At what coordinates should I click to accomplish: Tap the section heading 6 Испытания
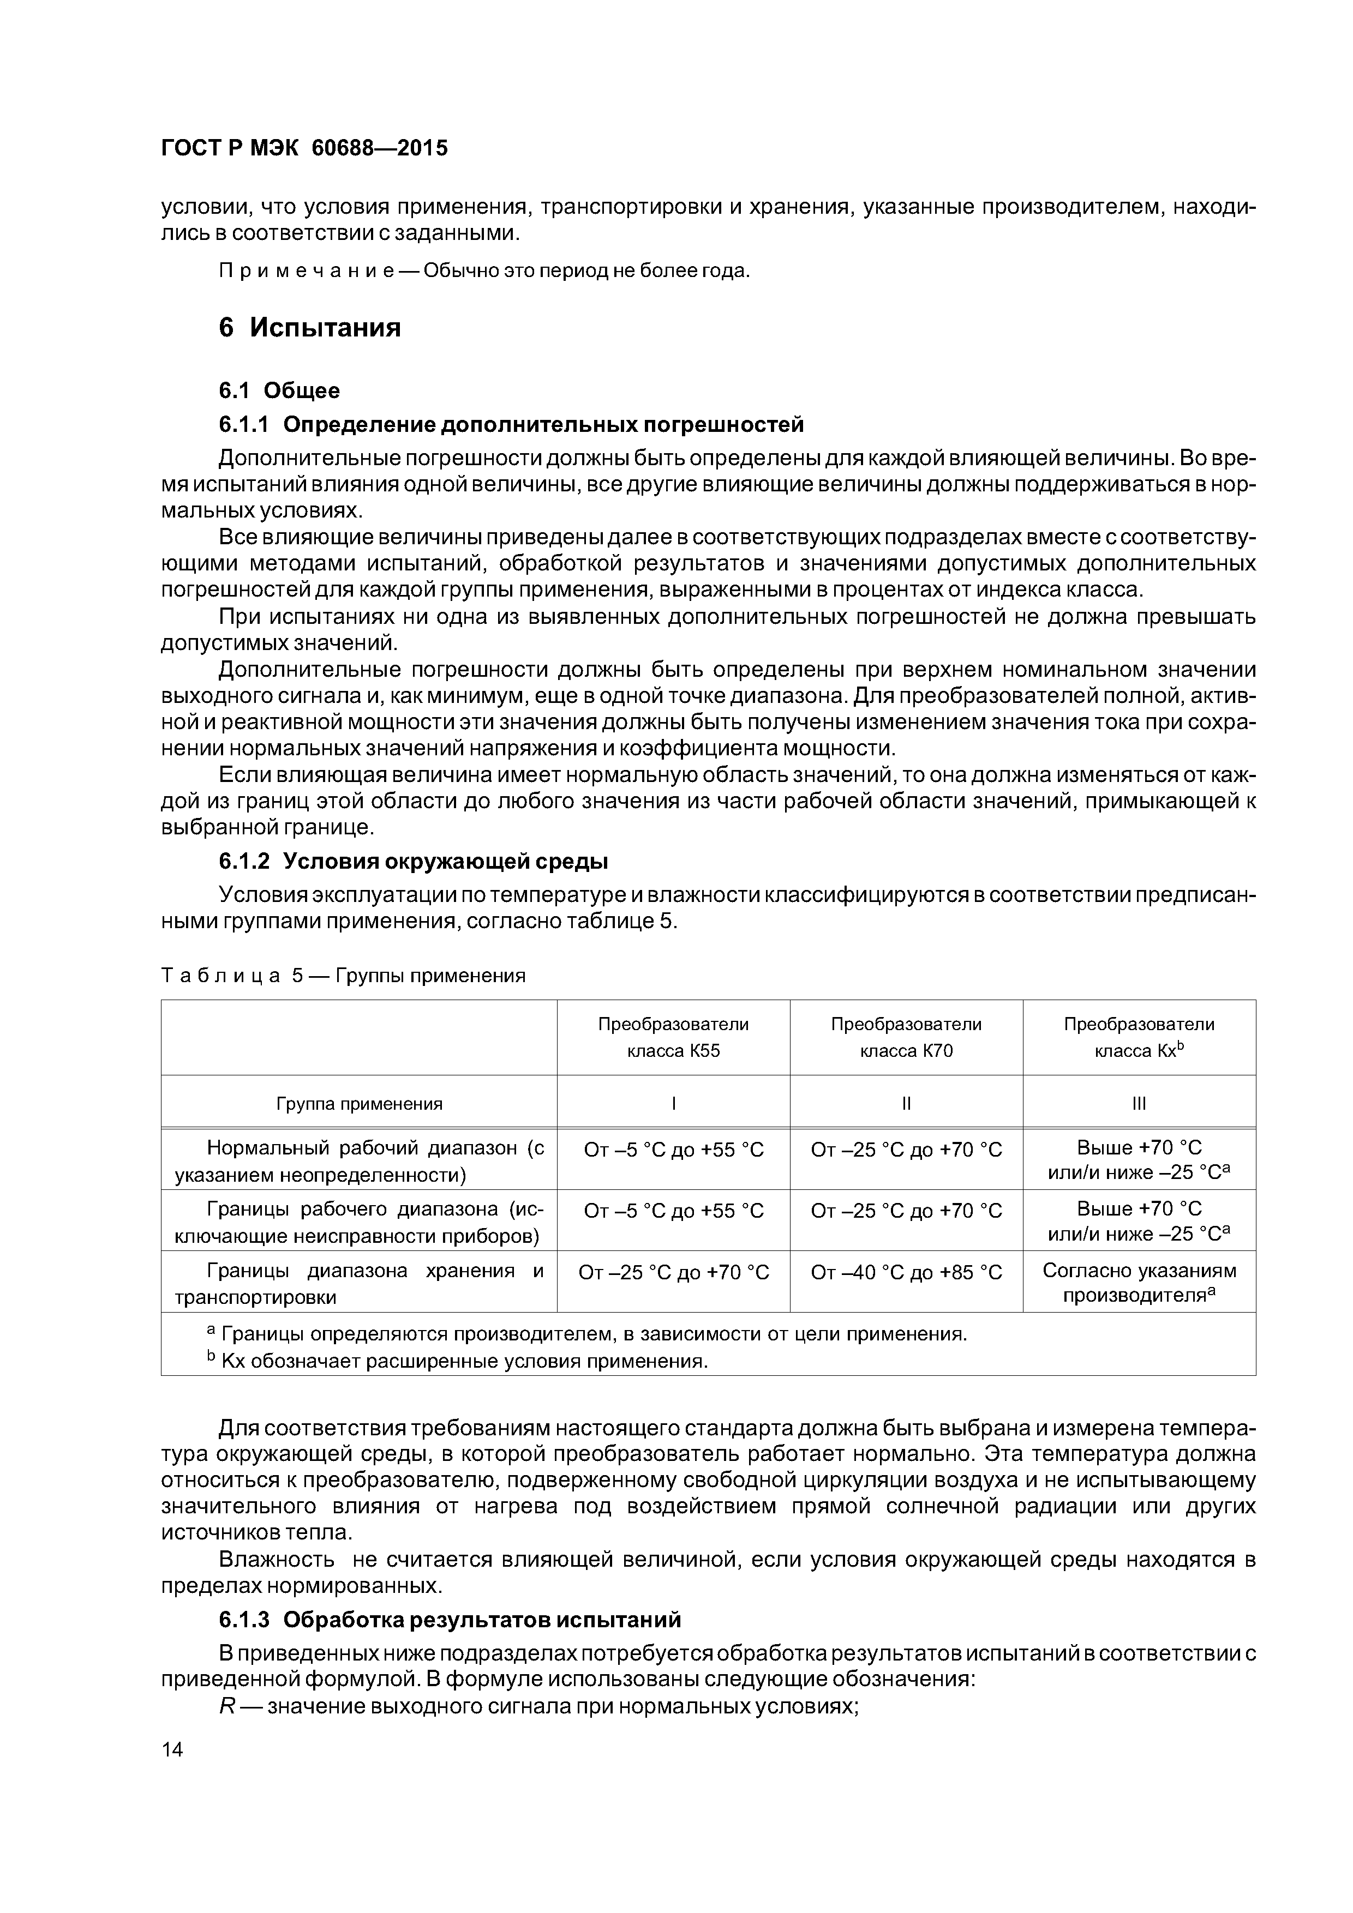309,327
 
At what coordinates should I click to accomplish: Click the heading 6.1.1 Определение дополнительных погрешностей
511,425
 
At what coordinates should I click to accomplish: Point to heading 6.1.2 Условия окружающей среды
414,861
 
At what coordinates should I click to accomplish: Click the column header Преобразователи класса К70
906,1037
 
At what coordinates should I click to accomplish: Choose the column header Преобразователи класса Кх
1139,1037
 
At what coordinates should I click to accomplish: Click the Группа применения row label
360,1104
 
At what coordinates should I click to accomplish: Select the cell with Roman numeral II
906,1104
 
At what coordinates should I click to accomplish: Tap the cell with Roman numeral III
1139,1104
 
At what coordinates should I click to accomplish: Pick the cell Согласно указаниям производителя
1139,1283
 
